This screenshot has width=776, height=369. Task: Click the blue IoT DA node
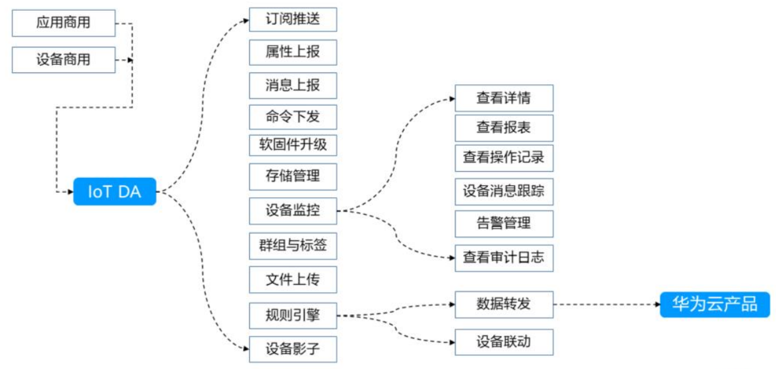pos(114,192)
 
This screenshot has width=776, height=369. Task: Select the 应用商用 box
pos(64,23)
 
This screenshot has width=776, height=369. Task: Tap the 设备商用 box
pos(64,60)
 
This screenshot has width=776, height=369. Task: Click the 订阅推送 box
pos(292,19)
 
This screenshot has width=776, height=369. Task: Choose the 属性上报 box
pos(292,52)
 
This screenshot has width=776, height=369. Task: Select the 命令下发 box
pos(292,117)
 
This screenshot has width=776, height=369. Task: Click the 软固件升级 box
pos(292,145)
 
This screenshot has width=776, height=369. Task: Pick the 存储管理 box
pos(292,177)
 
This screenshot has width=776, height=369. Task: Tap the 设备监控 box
pos(292,210)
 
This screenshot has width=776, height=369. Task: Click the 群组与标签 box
pos(292,245)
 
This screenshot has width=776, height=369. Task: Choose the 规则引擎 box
pos(292,315)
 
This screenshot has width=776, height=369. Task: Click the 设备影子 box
pos(292,349)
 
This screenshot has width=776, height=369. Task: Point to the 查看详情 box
pos(504,98)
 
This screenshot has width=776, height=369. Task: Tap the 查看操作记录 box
pos(504,158)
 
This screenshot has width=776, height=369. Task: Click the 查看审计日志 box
pos(504,258)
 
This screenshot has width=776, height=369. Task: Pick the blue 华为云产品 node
pos(715,305)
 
